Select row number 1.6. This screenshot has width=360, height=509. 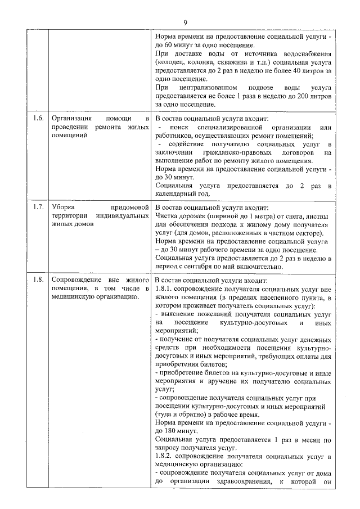38,119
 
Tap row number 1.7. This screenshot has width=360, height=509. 38,206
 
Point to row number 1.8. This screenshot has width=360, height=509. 38,280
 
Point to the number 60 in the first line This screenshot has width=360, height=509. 169,44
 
